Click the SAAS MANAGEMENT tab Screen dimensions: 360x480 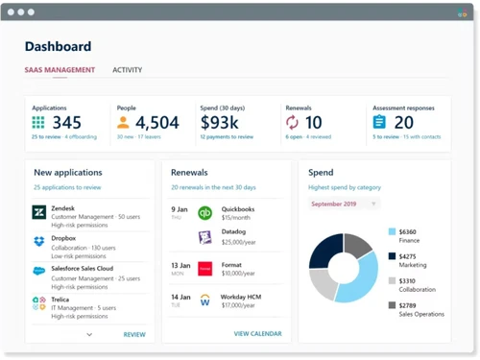tap(60, 70)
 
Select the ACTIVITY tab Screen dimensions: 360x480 tap(127, 70)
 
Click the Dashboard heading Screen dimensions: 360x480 tap(58, 46)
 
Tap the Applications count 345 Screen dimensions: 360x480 tap(66, 123)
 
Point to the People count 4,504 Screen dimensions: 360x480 tap(157, 123)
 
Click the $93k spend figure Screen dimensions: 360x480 tap(226, 123)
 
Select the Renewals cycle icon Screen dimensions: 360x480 tap(292, 123)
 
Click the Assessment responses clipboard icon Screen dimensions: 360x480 tap(379, 123)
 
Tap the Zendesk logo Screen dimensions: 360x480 tap(39, 213)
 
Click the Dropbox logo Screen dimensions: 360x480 tap(39, 242)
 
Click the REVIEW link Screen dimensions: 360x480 tap(134, 334)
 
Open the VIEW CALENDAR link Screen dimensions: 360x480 tap(257, 333)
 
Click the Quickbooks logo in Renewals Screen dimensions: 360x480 tap(204, 213)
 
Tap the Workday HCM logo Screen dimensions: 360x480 tap(204, 300)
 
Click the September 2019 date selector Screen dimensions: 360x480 tap(344, 204)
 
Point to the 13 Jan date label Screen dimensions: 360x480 tap(180, 265)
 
